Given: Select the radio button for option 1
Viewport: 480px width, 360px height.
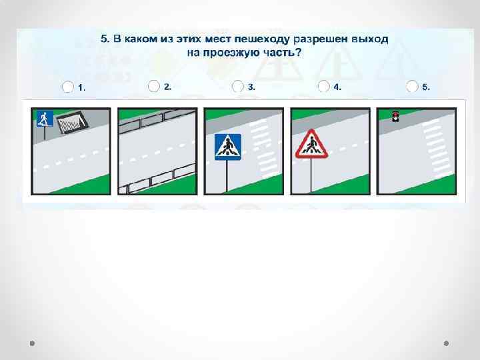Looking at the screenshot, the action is tap(67, 87).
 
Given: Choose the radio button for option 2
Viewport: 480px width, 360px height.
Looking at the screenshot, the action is tap(154, 86).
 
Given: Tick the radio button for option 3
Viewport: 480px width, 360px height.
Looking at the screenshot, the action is tap(237, 86).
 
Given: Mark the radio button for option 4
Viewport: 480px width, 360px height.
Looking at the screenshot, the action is tap(323, 86).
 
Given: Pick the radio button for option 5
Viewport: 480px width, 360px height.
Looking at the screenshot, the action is tap(412, 86).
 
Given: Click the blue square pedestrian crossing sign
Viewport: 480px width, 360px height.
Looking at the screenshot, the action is tap(228, 147).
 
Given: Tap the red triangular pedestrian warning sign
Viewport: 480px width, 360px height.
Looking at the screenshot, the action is tap(311, 144).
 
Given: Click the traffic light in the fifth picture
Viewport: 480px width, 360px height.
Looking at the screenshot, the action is tap(396, 116).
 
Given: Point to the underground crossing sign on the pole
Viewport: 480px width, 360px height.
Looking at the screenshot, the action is tap(45, 119).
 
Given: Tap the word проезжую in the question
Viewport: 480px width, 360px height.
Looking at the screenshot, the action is tap(225, 53).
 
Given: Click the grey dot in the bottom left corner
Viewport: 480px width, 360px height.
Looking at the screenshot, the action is tap(32, 343).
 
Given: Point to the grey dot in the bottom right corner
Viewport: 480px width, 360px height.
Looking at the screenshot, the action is tap(446, 343).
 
